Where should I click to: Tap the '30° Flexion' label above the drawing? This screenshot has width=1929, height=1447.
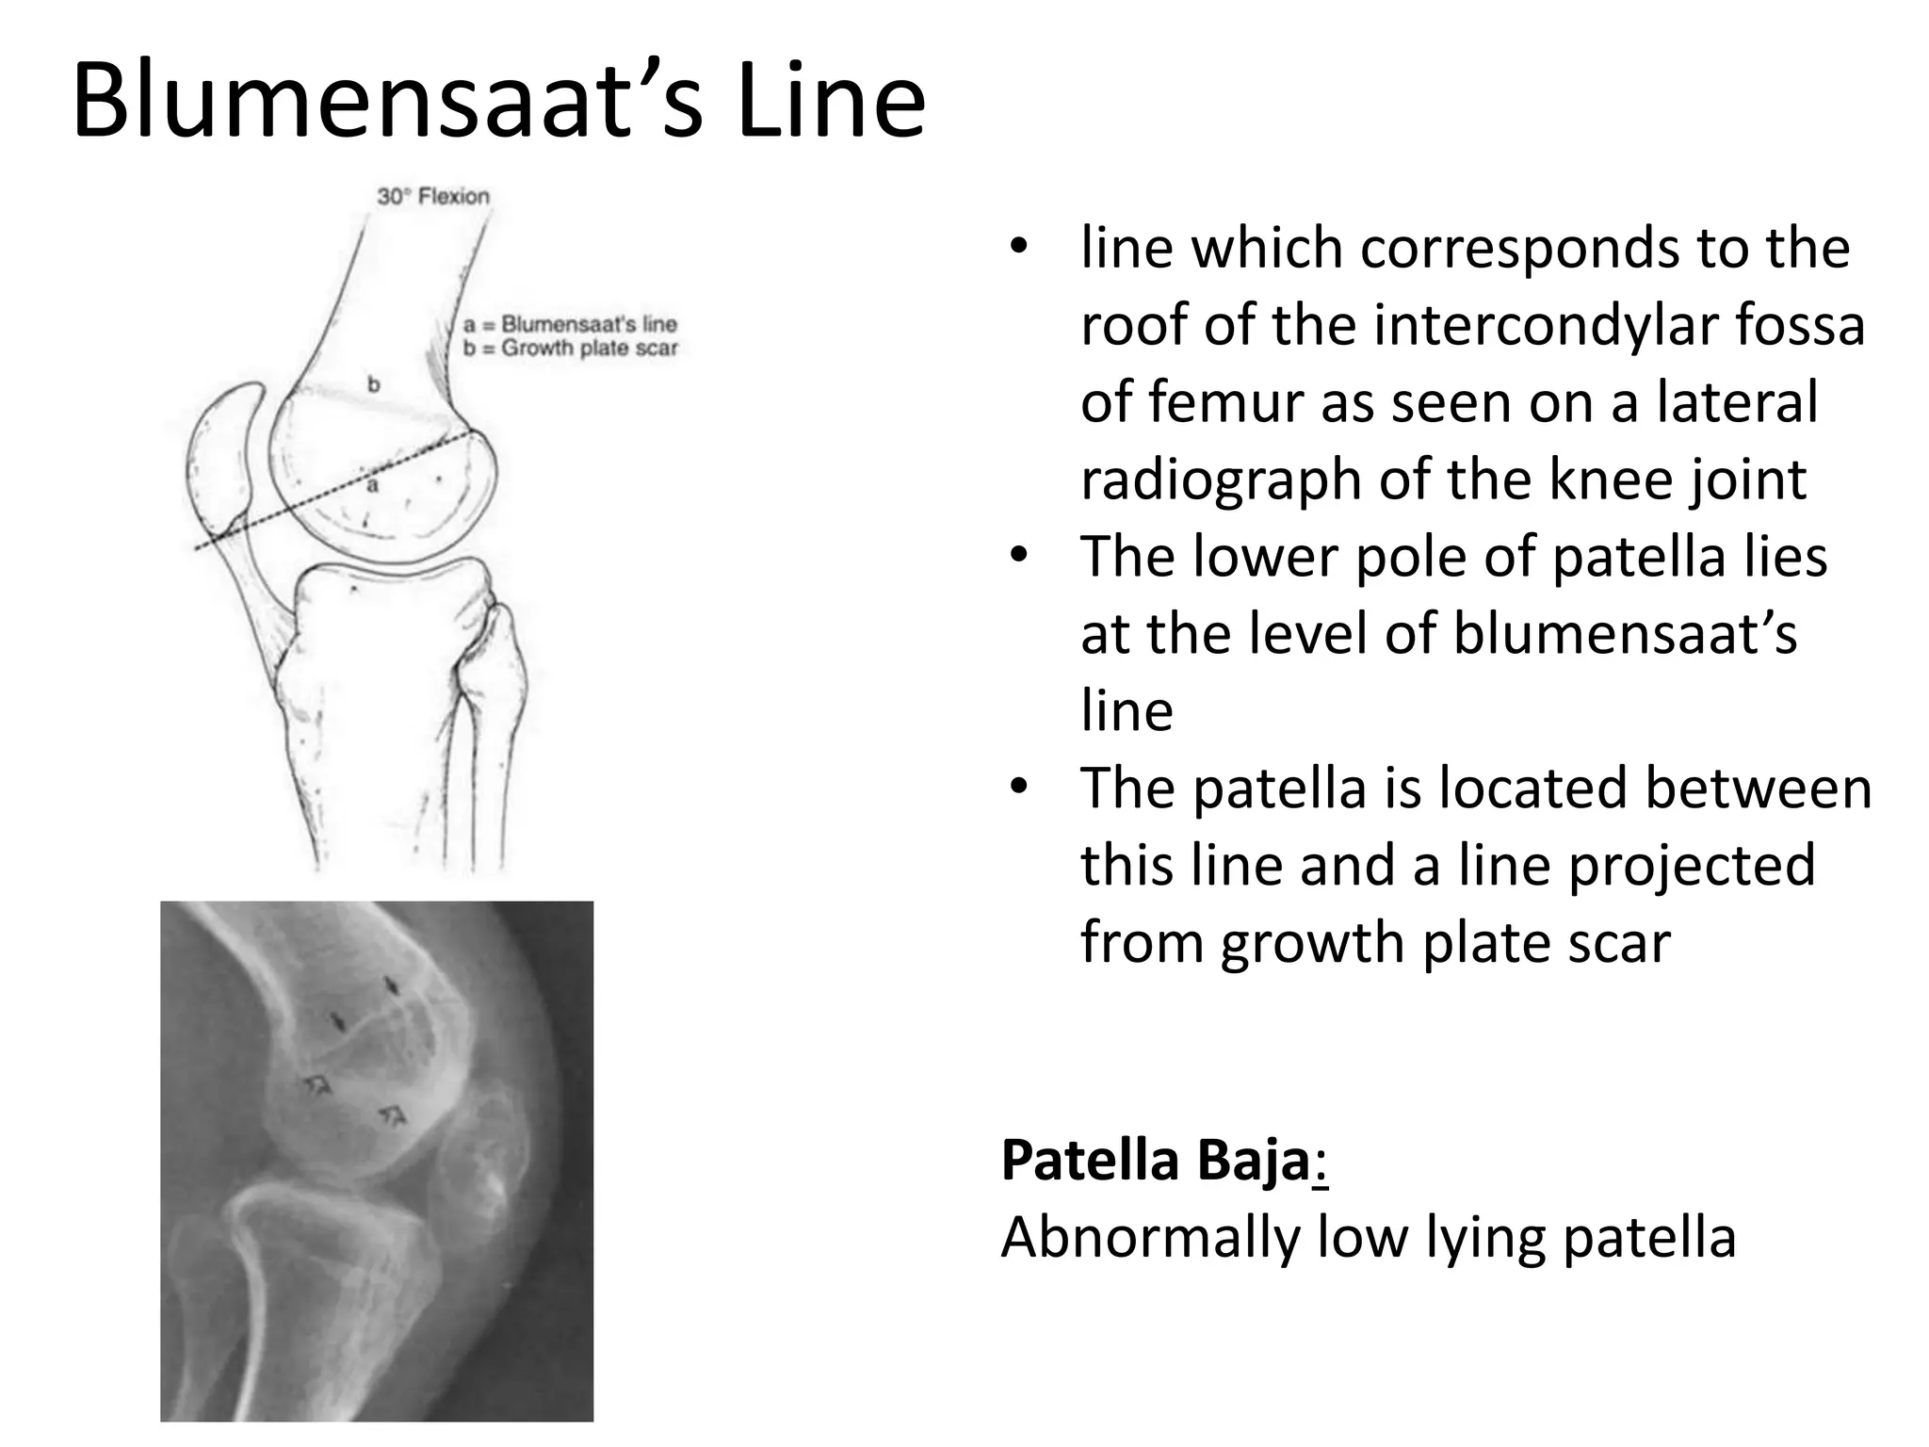(433, 197)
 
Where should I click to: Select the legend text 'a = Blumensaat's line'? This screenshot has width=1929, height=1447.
(571, 324)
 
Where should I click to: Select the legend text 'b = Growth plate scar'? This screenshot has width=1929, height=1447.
(571, 349)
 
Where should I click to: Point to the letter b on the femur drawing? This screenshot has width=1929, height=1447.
(373, 384)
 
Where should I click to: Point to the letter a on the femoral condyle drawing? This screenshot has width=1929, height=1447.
(373, 486)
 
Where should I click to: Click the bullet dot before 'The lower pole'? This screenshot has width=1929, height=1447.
(1017, 557)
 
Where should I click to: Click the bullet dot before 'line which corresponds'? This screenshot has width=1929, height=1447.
(1017, 248)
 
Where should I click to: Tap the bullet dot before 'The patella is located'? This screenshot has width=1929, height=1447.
(1017, 788)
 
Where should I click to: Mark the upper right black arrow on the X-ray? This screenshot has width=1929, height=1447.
(391, 985)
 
